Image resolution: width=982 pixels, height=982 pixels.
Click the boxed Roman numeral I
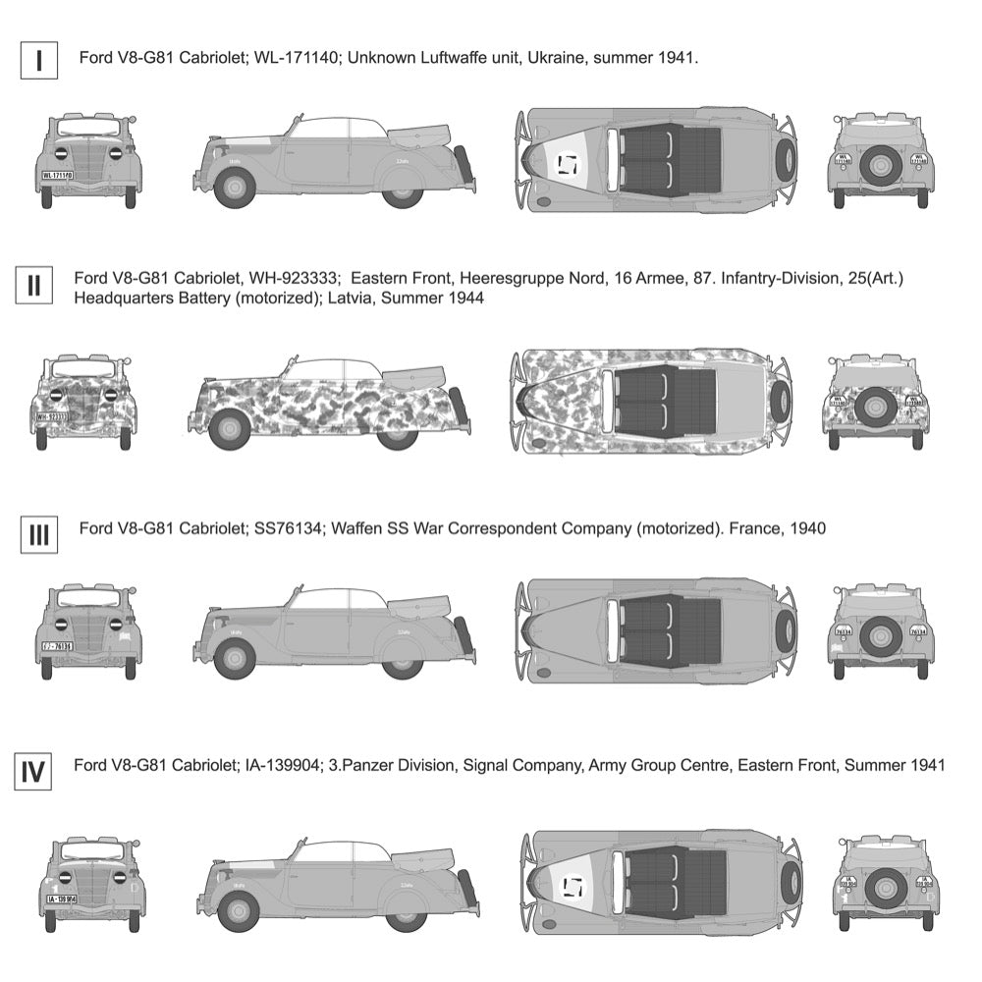pos(38,59)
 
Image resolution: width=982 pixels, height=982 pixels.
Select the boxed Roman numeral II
pos(34,287)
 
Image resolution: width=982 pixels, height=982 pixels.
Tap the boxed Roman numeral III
pos(38,535)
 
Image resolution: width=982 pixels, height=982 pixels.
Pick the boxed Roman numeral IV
pos(34,773)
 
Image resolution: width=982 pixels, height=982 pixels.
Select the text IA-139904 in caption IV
pos(278,764)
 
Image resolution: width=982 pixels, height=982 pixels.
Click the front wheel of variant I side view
pos(236,187)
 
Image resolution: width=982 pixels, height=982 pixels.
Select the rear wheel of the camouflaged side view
pos(398,429)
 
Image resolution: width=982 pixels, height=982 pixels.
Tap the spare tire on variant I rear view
pos(881,164)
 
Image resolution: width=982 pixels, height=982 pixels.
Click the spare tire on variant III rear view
pos(881,635)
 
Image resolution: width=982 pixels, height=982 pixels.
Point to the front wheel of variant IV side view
pos(238,910)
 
